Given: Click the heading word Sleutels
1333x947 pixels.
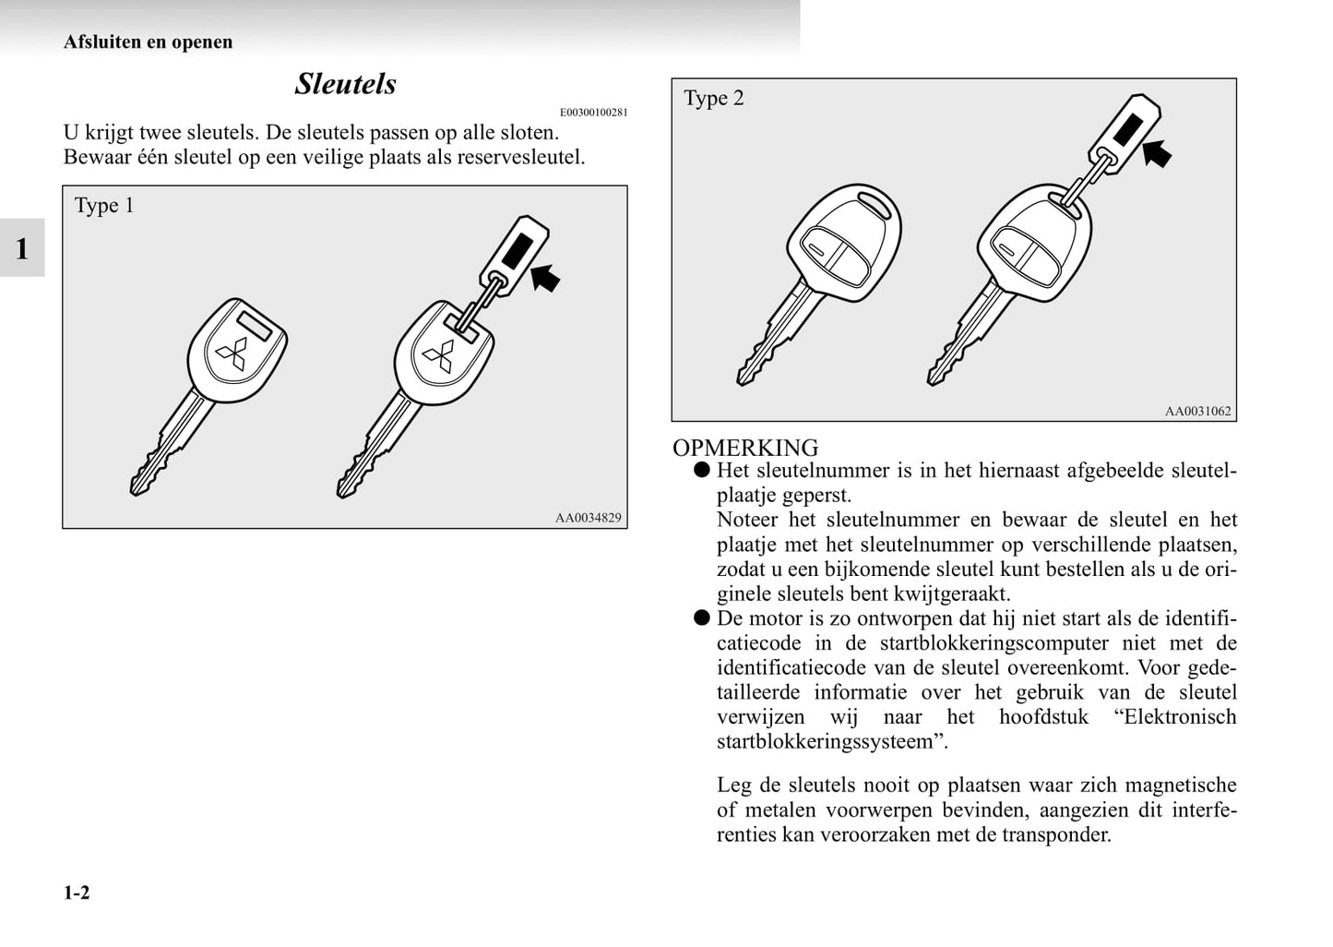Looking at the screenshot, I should click(345, 84).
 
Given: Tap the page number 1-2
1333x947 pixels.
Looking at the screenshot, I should click(77, 893).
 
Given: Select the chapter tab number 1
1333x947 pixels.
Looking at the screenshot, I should click(21, 248).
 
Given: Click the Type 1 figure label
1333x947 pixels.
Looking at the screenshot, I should click(104, 206).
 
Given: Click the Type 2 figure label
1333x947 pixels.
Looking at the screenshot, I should click(713, 99).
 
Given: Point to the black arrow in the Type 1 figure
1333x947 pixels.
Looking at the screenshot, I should click(545, 276).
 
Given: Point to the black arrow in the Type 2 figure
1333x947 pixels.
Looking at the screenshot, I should click(1156, 152).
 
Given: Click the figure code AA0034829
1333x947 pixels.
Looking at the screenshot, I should click(588, 518).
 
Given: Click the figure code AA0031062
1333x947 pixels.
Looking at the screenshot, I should click(1197, 412).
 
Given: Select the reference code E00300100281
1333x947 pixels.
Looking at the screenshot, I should click(593, 113).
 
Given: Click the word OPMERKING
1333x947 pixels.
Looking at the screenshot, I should click(745, 448).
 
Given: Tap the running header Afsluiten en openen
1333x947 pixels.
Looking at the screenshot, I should click(148, 42).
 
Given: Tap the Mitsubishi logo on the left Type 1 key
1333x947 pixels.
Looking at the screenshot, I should click(232, 354).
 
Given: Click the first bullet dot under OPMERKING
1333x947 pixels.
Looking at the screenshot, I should click(702, 470).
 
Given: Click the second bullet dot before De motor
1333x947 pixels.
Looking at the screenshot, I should click(702, 617).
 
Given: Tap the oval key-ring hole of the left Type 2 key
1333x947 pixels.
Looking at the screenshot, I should click(872, 201).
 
